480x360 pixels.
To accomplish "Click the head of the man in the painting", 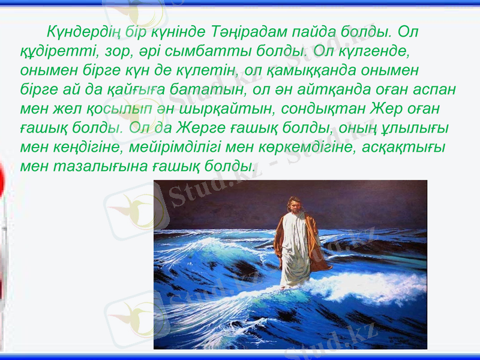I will (x=293, y=206).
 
